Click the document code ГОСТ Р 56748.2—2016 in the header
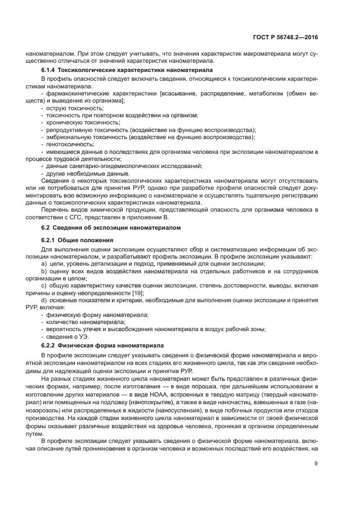tap(289, 38)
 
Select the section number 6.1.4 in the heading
tap(50, 70)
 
